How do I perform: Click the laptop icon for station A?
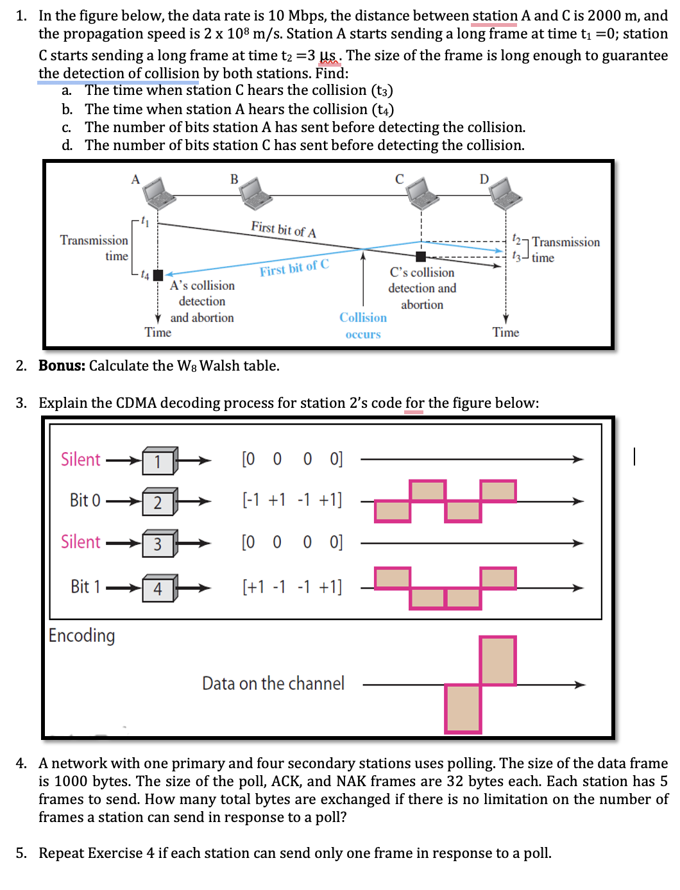(x=158, y=193)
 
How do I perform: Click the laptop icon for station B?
(x=256, y=193)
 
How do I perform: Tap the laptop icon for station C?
(x=423, y=193)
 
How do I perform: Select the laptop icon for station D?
(x=506, y=193)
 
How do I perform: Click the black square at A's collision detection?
(x=158, y=275)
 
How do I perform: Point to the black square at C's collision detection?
(x=421, y=256)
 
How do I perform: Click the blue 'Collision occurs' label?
(x=363, y=326)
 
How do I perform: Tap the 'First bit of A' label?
(x=284, y=229)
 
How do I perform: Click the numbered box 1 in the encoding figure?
(x=158, y=461)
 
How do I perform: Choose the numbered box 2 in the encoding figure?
(x=158, y=502)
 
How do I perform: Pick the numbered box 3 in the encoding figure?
(x=158, y=544)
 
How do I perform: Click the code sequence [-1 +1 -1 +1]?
(x=292, y=500)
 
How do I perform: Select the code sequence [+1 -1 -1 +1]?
(x=292, y=587)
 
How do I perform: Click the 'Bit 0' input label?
(x=85, y=500)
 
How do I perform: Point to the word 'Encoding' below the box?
(x=82, y=635)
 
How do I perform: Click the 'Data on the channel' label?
(x=273, y=684)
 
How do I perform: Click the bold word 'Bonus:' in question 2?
(x=62, y=365)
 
